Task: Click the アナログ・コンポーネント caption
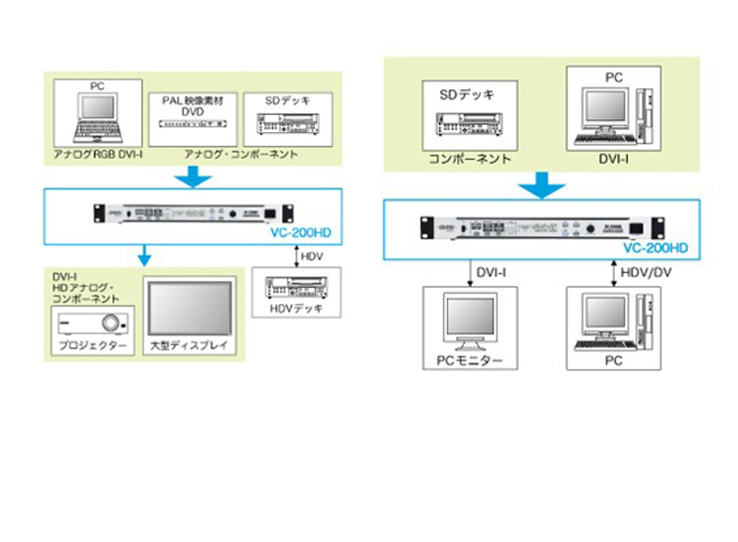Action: pos(241,155)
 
